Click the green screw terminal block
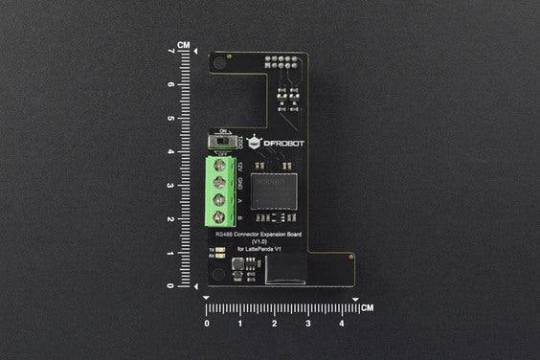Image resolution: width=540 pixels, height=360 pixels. click(220, 192)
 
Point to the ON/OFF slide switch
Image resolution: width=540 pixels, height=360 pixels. click(222, 142)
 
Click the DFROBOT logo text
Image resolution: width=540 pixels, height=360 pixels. click(279, 144)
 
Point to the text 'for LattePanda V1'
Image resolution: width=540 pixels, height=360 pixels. click(261, 250)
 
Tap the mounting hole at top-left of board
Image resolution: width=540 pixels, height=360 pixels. click(219, 64)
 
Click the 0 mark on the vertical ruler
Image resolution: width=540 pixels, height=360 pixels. click(170, 285)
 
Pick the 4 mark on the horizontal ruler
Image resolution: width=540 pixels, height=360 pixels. click(342, 324)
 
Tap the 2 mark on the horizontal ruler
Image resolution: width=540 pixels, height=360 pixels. click(275, 324)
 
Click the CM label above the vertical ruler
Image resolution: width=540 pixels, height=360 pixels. click(183, 44)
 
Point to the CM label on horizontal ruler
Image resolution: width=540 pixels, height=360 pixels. click(367, 308)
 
